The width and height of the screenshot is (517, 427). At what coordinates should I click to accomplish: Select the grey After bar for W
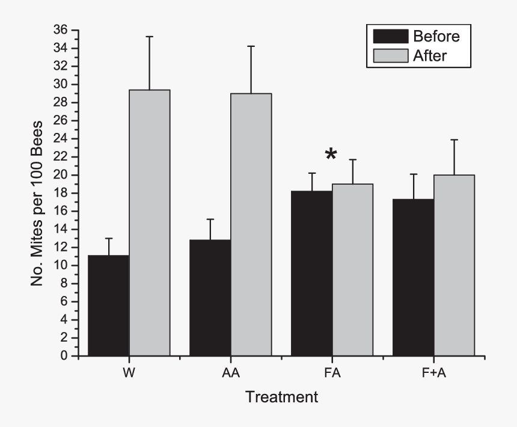(x=150, y=223)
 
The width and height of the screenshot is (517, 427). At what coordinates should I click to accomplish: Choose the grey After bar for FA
(x=353, y=270)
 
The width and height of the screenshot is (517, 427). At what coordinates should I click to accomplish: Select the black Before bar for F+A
(x=414, y=277)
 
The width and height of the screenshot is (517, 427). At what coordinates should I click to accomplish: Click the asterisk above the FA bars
(x=331, y=155)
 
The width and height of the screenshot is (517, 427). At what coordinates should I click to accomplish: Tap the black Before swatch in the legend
(x=391, y=36)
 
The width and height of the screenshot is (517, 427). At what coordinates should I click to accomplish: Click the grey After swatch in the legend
(x=391, y=56)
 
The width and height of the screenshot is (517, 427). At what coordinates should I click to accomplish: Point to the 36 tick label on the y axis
(x=60, y=30)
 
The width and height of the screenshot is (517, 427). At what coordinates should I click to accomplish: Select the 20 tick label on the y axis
(x=60, y=175)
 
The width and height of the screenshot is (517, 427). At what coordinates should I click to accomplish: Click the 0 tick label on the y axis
(x=63, y=356)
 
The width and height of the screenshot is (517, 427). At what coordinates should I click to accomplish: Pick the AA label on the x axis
(x=230, y=373)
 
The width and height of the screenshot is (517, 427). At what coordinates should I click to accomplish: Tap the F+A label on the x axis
(x=434, y=373)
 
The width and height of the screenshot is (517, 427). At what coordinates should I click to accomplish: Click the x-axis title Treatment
(x=281, y=398)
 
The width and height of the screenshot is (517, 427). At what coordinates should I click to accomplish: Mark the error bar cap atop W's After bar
(x=150, y=37)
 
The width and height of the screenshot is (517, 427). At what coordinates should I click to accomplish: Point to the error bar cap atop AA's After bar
(x=251, y=46)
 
